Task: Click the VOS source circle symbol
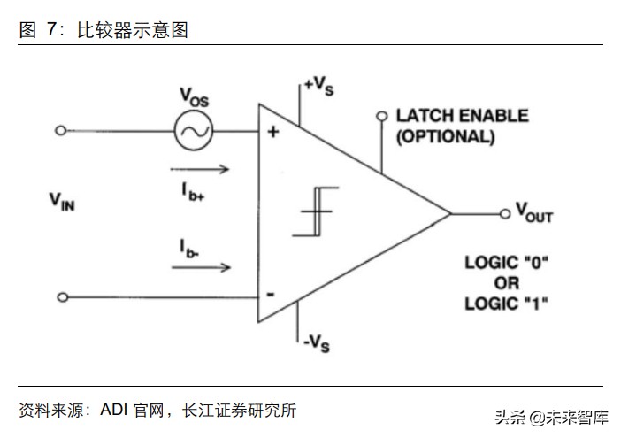190,131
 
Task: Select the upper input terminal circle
60,131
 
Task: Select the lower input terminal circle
60,297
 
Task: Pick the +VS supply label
319,85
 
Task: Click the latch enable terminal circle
382,116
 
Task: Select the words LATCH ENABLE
461,116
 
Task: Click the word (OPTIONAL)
444,137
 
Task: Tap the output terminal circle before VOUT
506,212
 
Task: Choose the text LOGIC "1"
507,304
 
